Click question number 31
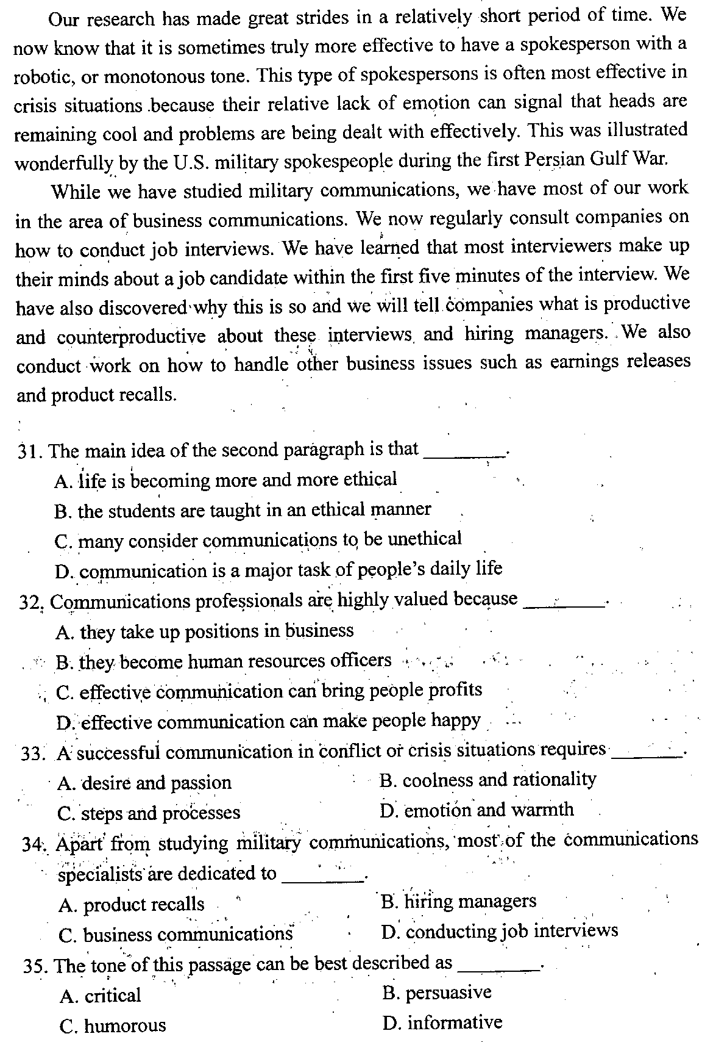pyautogui.click(x=30, y=451)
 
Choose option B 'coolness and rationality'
pyautogui.click(x=487, y=780)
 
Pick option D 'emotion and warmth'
pyautogui.click(x=476, y=810)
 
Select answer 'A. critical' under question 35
pyautogui.click(x=100, y=996)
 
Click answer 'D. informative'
pyautogui.click(x=442, y=1022)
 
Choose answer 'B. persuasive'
pyautogui.click(x=436, y=993)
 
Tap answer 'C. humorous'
pyautogui.click(x=112, y=1026)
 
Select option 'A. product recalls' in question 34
pyautogui.click(x=132, y=905)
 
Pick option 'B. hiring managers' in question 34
pyautogui.click(x=458, y=901)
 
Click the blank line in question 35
pyautogui.click(x=498, y=968)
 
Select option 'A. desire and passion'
pyautogui.click(x=144, y=783)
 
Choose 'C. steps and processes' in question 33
pyautogui.click(x=149, y=813)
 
